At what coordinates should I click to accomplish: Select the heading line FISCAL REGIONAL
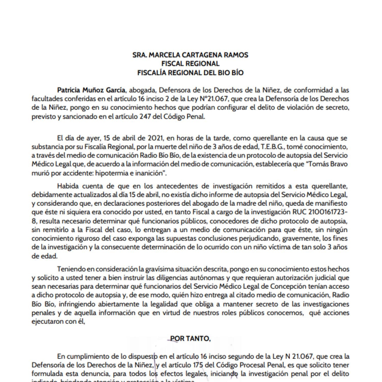pos(190,64)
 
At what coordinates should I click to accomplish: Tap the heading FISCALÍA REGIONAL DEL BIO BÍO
pos(190,73)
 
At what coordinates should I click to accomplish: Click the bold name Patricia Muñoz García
pos(91,90)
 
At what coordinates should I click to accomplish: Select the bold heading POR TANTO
pos(190,338)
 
